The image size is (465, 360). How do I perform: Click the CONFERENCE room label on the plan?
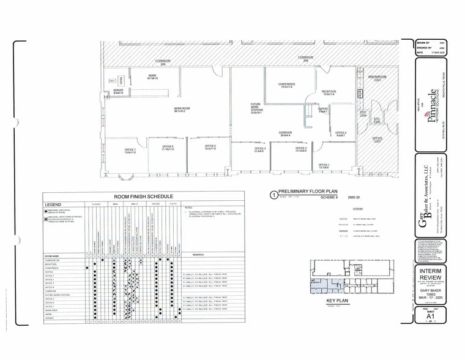[x=287, y=85]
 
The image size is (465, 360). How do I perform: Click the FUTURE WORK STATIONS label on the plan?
[x=256, y=108]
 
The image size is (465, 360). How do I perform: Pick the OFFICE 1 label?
[x=324, y=166]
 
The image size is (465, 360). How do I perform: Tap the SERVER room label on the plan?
[x=119, y=91]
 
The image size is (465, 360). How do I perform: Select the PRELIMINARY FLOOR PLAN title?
[x=305, y=192]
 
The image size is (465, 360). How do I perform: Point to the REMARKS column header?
[x=199, y=253]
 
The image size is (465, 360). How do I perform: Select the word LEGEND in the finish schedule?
[x=53, y=204]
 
